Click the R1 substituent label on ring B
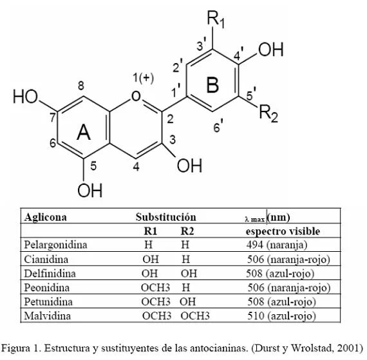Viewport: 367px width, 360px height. click(216, 19)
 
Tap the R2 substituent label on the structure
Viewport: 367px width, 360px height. click(268, 114)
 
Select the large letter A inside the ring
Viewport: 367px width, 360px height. click(84, 132)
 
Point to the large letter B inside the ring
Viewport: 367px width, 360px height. click(212, 85)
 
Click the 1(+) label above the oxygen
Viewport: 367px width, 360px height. click(143, 78)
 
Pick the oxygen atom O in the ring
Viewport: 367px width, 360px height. click(136, 96)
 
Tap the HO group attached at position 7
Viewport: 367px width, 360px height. click(25, 97)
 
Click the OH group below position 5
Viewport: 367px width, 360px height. click(90, 190)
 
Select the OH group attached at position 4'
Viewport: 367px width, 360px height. click(271, 50)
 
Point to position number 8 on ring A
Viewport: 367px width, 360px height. click(80, 86)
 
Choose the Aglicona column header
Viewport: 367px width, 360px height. click(46, 217)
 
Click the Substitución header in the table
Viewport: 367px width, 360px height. click(166, 217)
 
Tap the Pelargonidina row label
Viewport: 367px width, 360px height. click(56, 245)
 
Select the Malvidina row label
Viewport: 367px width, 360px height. click(47, 316)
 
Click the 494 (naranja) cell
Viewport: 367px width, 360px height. click(277, 245)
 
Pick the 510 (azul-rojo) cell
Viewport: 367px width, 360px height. click(282, 316)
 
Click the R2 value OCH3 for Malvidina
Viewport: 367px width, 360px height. click(195, 316)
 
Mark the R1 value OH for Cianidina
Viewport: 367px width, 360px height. click(151, 260)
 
